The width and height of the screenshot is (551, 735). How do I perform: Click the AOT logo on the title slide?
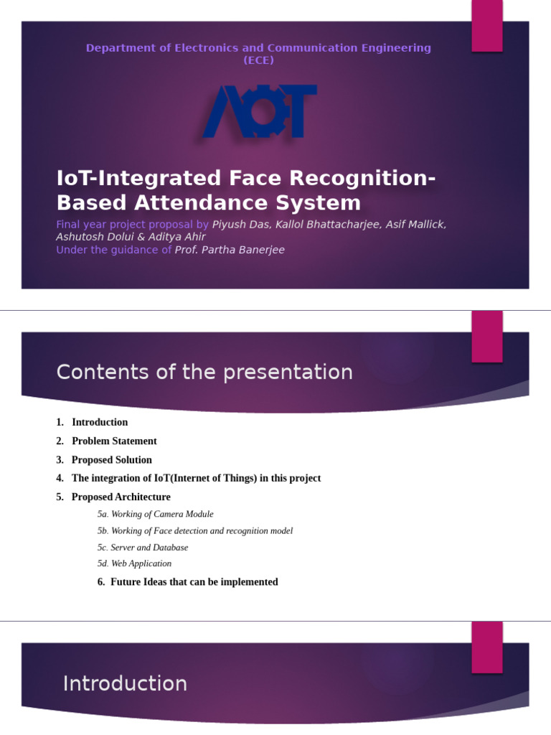(259, 112)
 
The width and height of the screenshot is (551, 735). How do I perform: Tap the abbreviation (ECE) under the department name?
(258, 60)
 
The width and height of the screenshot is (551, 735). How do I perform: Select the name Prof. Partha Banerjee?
(230, 250)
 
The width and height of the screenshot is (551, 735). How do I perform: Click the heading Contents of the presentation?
(204, 373)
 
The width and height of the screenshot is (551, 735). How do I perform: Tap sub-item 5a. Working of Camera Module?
(155, 515)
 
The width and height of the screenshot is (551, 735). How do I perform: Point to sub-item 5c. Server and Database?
(143, 548)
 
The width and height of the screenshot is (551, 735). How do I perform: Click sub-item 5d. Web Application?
(134, 564)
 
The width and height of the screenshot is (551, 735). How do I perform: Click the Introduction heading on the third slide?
(125, 684)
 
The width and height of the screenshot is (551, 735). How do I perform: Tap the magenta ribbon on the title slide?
(486, 25)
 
